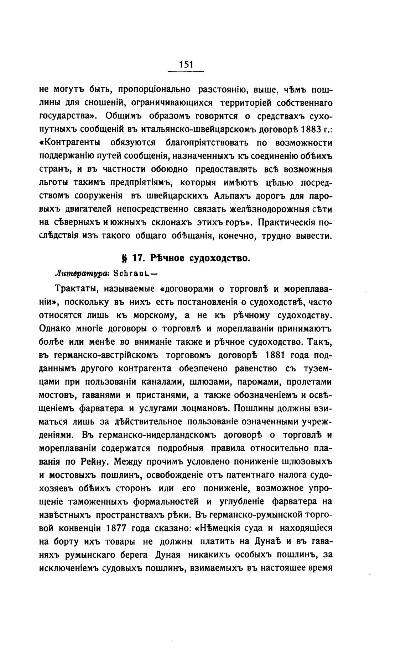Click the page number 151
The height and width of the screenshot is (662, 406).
coord(186,64)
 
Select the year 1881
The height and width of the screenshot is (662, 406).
coord(276,355)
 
